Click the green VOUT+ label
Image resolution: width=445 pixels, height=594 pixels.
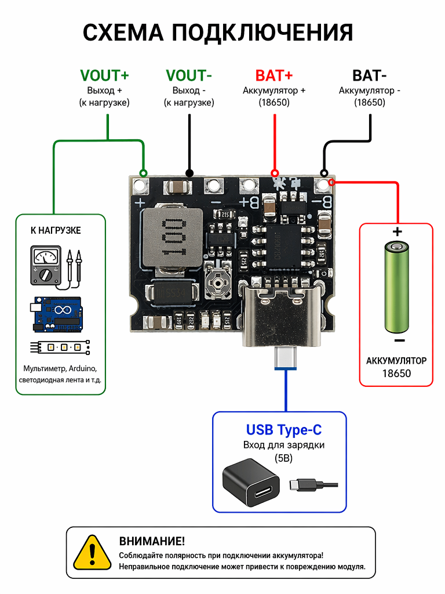pos(104,75)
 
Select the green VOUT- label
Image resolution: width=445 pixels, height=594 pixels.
pos(188,75)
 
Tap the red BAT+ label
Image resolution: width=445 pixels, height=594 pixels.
pos(274,75)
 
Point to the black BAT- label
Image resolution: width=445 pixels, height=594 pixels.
pos(369,75)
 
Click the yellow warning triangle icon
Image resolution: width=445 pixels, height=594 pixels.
pos(92,553)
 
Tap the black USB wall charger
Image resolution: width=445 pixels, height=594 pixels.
pos(251,482)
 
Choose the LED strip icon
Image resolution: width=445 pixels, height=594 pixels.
pos(60,347)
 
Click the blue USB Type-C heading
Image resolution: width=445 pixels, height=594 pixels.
pos(284,430)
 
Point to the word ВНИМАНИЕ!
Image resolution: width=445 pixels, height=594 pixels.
pos(152,541)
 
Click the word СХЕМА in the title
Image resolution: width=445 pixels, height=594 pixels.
pos(123,32)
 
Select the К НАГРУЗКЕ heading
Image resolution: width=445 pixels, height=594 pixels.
pos(56,230)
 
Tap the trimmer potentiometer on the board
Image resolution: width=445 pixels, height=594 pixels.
pos(218,282)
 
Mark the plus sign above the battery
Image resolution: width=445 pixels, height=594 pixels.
pos(397,232)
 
